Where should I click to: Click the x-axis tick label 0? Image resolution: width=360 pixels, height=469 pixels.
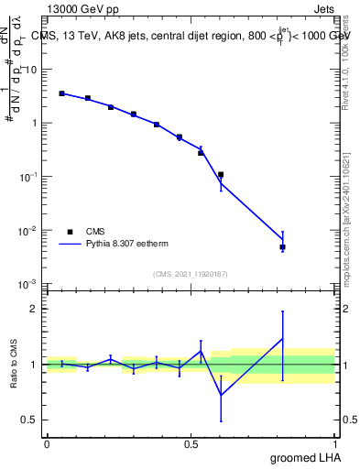coord(47,442)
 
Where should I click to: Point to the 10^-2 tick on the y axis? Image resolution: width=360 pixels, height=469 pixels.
coord(29,232)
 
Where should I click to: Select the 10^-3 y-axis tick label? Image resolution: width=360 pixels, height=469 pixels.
coord(29,285)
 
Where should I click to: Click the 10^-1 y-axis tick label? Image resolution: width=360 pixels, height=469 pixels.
coord(29,177)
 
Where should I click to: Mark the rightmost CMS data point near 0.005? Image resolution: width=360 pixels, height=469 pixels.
coord(283,247)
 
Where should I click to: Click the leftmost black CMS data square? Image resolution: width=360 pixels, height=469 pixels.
coord(61,93)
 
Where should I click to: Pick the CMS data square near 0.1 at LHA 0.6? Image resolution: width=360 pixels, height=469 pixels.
coord(221,174)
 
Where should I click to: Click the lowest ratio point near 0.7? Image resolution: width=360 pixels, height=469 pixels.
coord(221,395)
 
